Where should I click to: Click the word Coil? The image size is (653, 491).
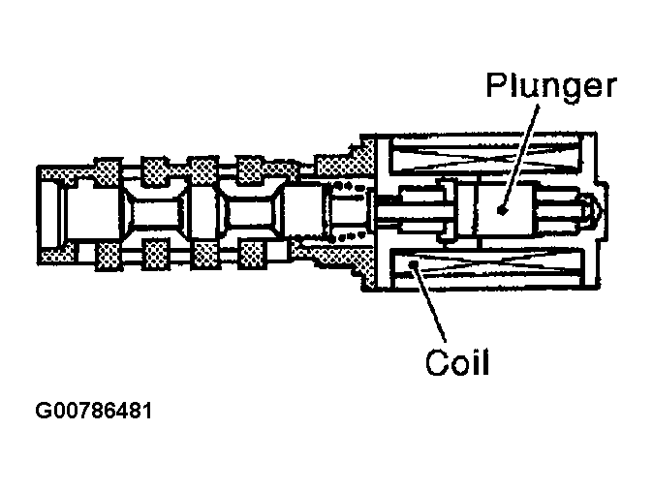click(457, 364)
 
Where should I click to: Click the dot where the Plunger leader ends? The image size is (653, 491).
click(501, 209)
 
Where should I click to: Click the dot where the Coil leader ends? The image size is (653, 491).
click(414, 263)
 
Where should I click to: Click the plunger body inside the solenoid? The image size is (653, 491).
click(494, 209)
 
